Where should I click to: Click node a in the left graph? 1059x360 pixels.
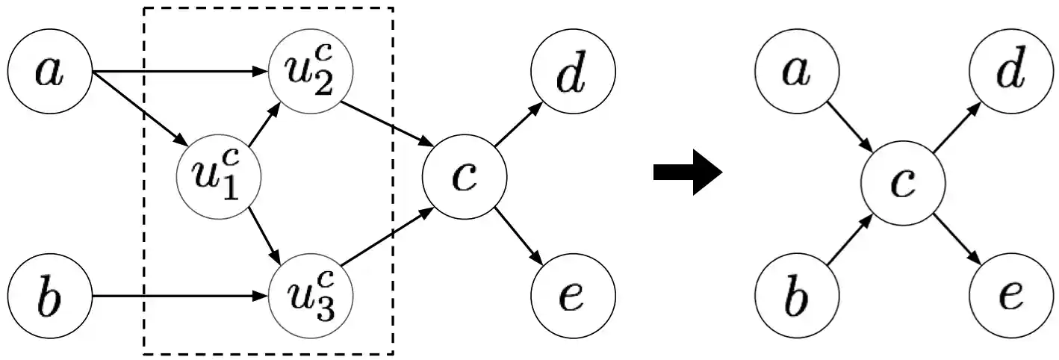click(49, 72)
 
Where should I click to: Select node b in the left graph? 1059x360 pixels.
click(49, 297)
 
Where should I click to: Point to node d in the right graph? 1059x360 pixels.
click(1011, 72)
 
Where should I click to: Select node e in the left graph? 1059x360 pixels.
click(573, 297)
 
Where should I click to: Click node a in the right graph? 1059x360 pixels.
click(796, 72)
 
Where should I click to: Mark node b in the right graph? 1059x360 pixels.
click(796, 297)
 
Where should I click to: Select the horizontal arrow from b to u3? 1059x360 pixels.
click(179, 297)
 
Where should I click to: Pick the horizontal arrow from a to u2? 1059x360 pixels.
click(179, 72)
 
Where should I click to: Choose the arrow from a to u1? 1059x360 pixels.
click(138, 108)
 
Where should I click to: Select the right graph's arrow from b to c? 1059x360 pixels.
click(850, 240)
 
